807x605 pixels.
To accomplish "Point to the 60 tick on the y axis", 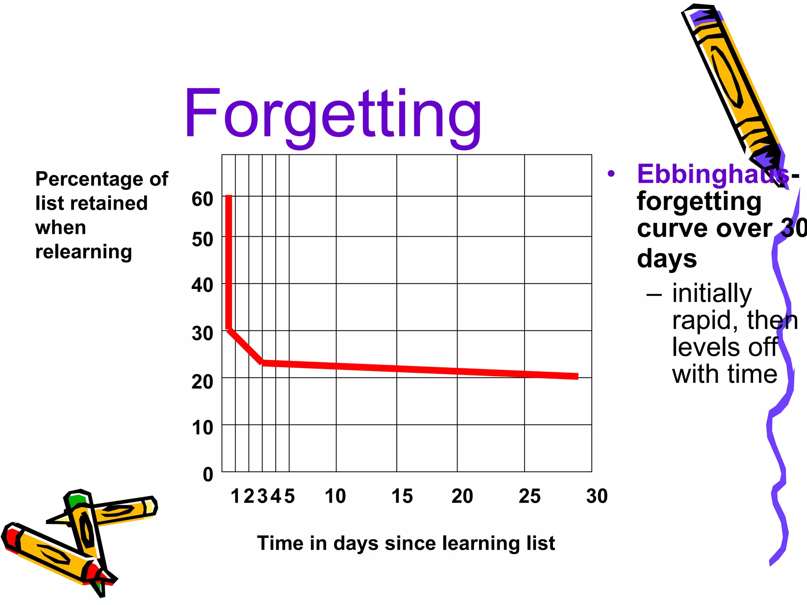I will [x=202, y=199].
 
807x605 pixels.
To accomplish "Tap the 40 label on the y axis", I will [x=202, y=285].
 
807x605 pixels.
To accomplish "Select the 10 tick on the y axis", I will [x=202, y=427].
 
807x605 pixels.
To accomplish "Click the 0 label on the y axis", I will [x=208, y=474].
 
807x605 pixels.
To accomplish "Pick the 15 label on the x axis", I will [x=402, y=496].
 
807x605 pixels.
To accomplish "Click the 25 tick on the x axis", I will [x=529, y=496].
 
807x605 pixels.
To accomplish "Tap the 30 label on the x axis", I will [x=597, y=496].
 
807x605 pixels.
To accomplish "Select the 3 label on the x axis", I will [x=262, y=496].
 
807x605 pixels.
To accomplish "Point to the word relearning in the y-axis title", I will [x=84, y=252].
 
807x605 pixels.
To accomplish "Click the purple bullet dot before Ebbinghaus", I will [x=611, y=174].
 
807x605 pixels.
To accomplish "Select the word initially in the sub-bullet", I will [x=712, y=293].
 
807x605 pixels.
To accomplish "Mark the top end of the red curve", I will [x=229, y=197].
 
